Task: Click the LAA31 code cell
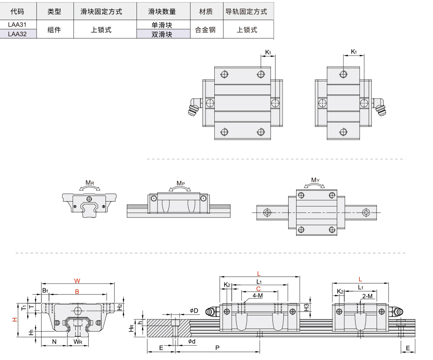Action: coord(17,25)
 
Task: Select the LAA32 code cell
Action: coord(17,34)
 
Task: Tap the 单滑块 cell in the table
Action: coord(162,25)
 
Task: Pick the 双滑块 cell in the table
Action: coord(162,34)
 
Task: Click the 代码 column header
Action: coord(17,12)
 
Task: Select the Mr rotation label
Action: coord(90,182)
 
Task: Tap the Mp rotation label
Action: coord(181,183)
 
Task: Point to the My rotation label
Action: coord(315,180)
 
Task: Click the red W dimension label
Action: coord(77,281)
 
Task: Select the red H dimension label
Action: coord(15,320)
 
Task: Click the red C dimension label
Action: coord(258,289)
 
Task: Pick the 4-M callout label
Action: coord(257,296)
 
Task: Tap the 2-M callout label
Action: coord(367,296)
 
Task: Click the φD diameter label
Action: coord(194,311)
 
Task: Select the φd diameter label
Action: coord(192,341)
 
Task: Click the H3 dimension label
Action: coord(307,307)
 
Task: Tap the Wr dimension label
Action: coord(78,342)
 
